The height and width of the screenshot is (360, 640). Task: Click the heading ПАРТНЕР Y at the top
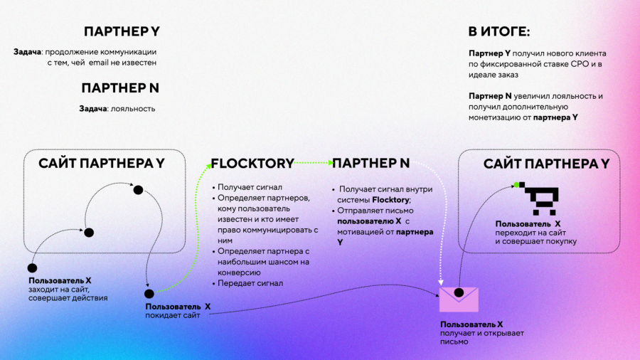[122, 31]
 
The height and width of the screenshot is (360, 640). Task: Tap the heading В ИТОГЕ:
[498, 31]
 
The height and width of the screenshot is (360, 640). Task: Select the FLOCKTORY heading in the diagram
[252, 163]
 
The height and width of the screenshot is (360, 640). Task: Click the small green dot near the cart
[517, 185]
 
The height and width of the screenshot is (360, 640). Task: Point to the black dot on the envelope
[459, 292]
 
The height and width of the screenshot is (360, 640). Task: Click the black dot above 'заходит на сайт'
[32, 268]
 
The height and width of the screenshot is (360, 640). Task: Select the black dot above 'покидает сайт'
[149, 294]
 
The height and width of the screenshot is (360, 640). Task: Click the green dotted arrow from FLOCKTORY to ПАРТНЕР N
[313, 163]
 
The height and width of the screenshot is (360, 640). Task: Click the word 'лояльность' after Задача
[133, 109]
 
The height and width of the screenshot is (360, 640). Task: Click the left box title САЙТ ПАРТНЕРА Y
[102, 163]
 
